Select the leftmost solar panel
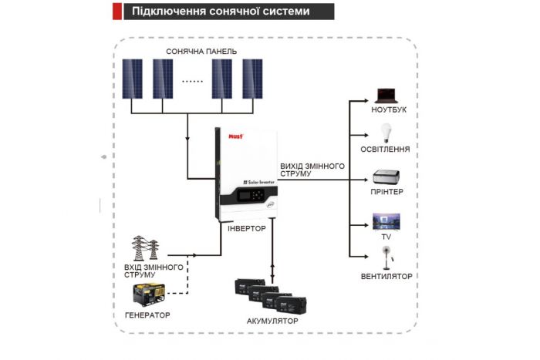pyautogui.click(x=132, y=78)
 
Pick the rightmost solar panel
pyautogui.click(x=252, y=78)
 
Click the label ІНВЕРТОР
pyautogui.click(x=247, y=229)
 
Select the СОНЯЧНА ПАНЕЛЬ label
pyautogui.click(x=201, y=52)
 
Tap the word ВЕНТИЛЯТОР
pyautogui.click(x=386, y=276)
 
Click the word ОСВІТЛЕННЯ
pyautogui.click(x=385, y=150)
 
